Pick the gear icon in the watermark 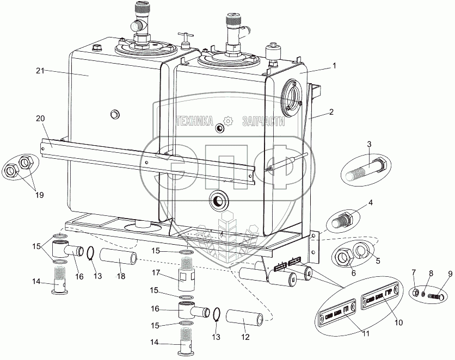coord(229,121)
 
